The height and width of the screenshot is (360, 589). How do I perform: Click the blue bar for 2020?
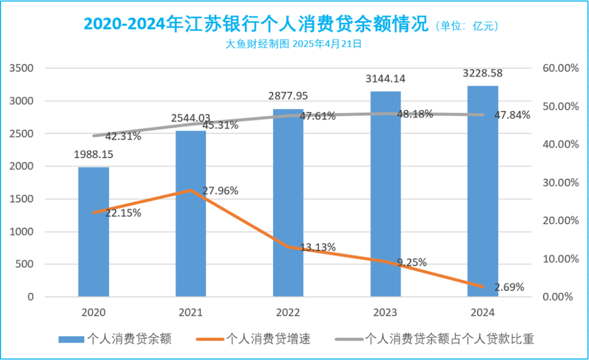coord(93,232)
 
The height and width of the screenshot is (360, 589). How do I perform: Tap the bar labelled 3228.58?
coord(483,191)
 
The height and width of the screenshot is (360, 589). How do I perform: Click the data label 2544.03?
coord(190,118)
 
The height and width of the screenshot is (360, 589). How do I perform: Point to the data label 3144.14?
coord(386,79)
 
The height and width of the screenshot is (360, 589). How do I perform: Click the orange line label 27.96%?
coord(220,191)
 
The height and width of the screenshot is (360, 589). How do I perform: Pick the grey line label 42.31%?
coord(123,136)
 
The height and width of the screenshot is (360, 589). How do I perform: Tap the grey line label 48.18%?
coord(415,114)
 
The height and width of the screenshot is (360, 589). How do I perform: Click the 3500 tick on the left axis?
coord(22,68)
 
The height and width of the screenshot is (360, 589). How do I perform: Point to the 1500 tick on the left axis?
coord(22,199)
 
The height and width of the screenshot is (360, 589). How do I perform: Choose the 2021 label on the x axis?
coord(190,313)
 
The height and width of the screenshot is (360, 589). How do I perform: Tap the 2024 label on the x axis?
coord(483,313)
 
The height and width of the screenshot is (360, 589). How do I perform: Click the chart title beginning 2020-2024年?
coord(256,25)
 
